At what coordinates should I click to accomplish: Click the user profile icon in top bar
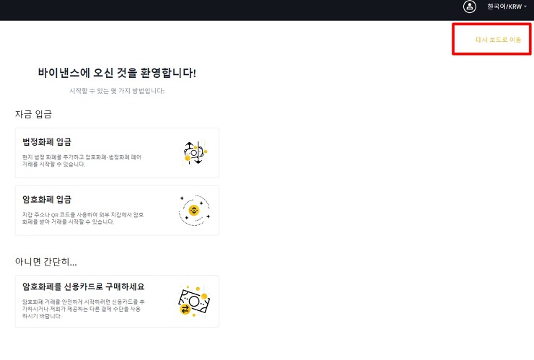click(x=470, y=6)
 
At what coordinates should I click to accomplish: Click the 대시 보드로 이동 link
click(x=498, y=40)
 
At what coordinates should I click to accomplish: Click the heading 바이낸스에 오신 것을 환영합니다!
click(x=117, y=73)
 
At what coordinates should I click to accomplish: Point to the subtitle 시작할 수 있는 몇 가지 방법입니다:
click(x=117, y=91)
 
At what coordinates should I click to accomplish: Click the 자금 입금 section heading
click(x=33, y=114)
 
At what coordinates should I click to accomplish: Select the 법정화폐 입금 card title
click(x=47, y=141)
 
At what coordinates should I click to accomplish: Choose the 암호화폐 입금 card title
click(x=47, y=199)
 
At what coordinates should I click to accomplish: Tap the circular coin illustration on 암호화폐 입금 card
click(x=193, y=210)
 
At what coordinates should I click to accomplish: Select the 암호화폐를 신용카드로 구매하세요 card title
click(x=84, y=287)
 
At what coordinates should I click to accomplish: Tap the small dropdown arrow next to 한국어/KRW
click(x=525, y=6)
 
